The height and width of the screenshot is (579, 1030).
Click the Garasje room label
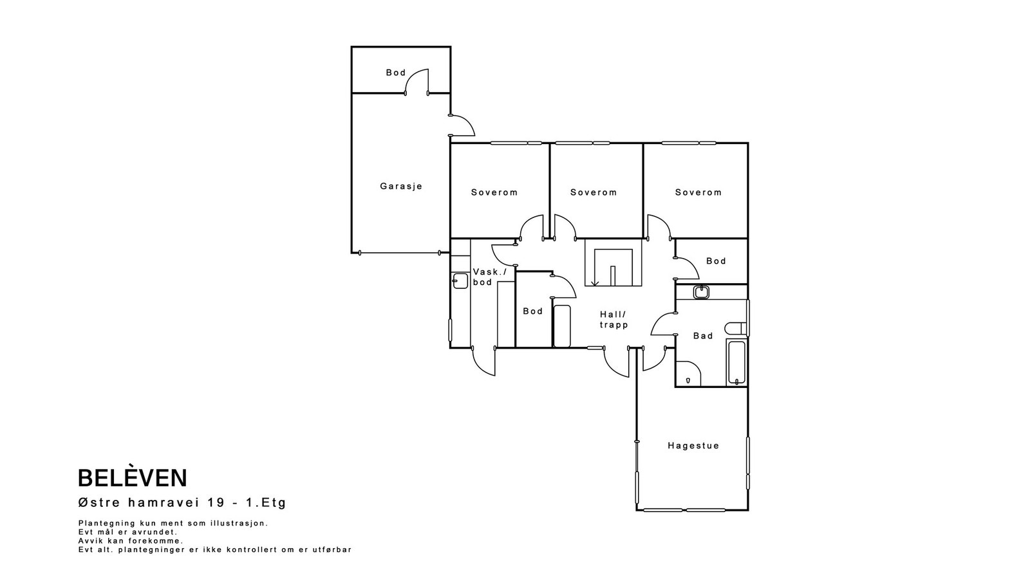401,187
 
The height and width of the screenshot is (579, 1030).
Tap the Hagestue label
693,446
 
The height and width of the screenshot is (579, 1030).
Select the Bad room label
703,336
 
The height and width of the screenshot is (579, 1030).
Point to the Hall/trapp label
613,320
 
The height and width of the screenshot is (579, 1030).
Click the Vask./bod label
490,277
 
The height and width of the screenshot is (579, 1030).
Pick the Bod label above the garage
396,73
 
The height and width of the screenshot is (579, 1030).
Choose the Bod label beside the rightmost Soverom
716,261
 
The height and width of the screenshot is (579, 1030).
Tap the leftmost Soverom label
494,192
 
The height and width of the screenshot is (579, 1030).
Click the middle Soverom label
594,192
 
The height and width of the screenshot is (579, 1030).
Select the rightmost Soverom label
698,192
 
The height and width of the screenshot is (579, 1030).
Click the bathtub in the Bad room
736,363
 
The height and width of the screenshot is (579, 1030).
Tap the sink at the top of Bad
701,292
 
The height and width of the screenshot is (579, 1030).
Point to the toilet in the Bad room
736,329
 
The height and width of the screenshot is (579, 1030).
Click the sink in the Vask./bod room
460,280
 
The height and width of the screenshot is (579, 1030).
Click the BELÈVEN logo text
133,478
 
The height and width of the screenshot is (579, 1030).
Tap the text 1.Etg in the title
267,502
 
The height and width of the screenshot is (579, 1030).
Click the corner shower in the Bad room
688,374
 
